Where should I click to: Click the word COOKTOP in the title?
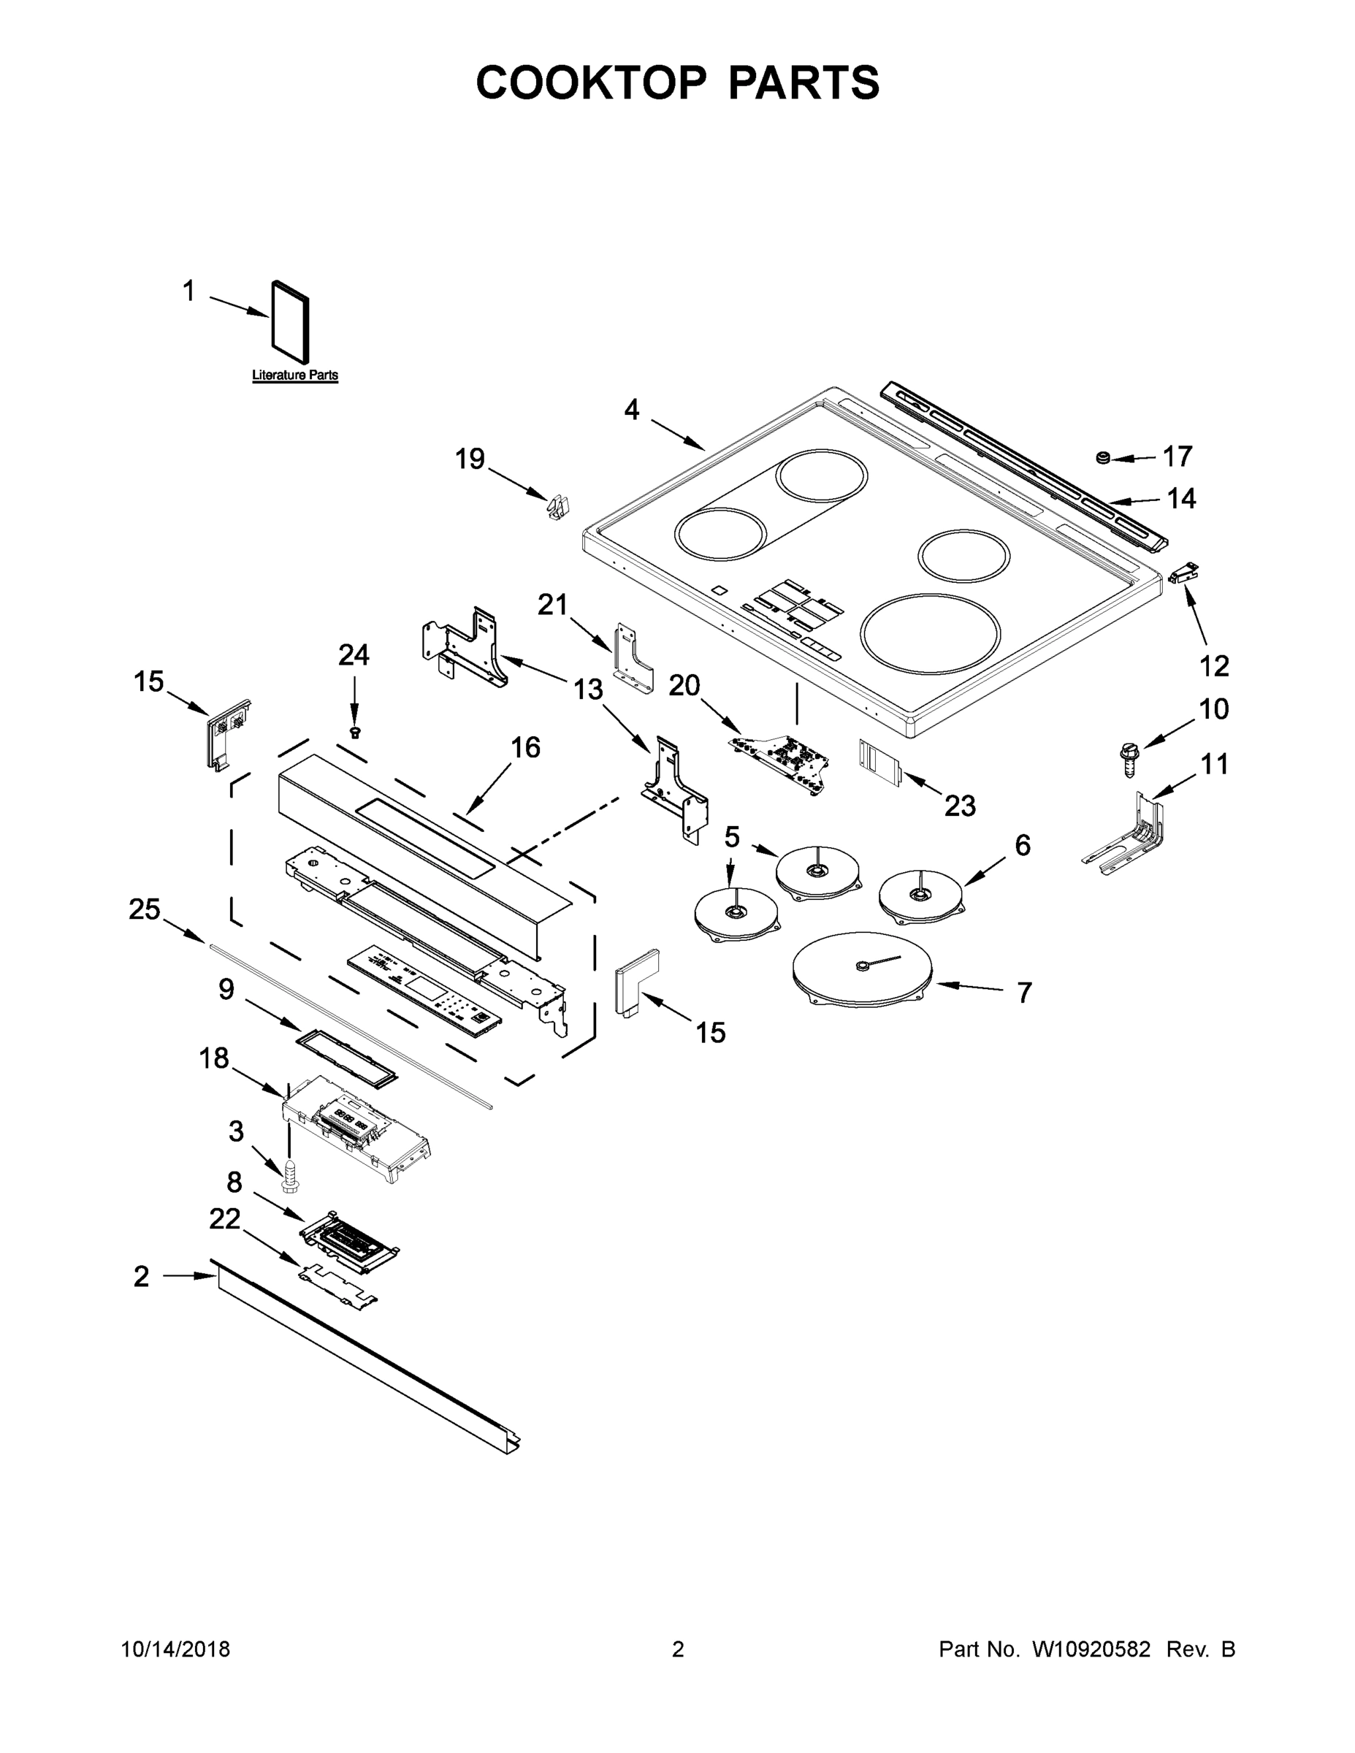pyautogui.click(x=592, y=82)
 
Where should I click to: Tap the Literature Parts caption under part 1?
pyautogui.click(x=294, y=375)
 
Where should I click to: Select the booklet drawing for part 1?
pyautogui.click(x=291, y=322)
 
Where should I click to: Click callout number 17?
pyautogui.click(x=1177, y=456)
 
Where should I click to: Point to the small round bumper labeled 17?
pyautogui.click(x=1103, y=457)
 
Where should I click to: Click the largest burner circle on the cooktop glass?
pyautogui.click(x=931, y=633)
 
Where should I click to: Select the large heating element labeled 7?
pyautogui.click(x=861, y=969)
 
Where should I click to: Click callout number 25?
pyautogui.click(x=145, y=909)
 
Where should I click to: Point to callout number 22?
pyautogui.click(x=224, y=1218)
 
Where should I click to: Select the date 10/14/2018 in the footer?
pyautogui.click(x=175, y=1649)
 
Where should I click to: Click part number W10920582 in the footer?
pyautogui.click(x=1090, y=1649)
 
